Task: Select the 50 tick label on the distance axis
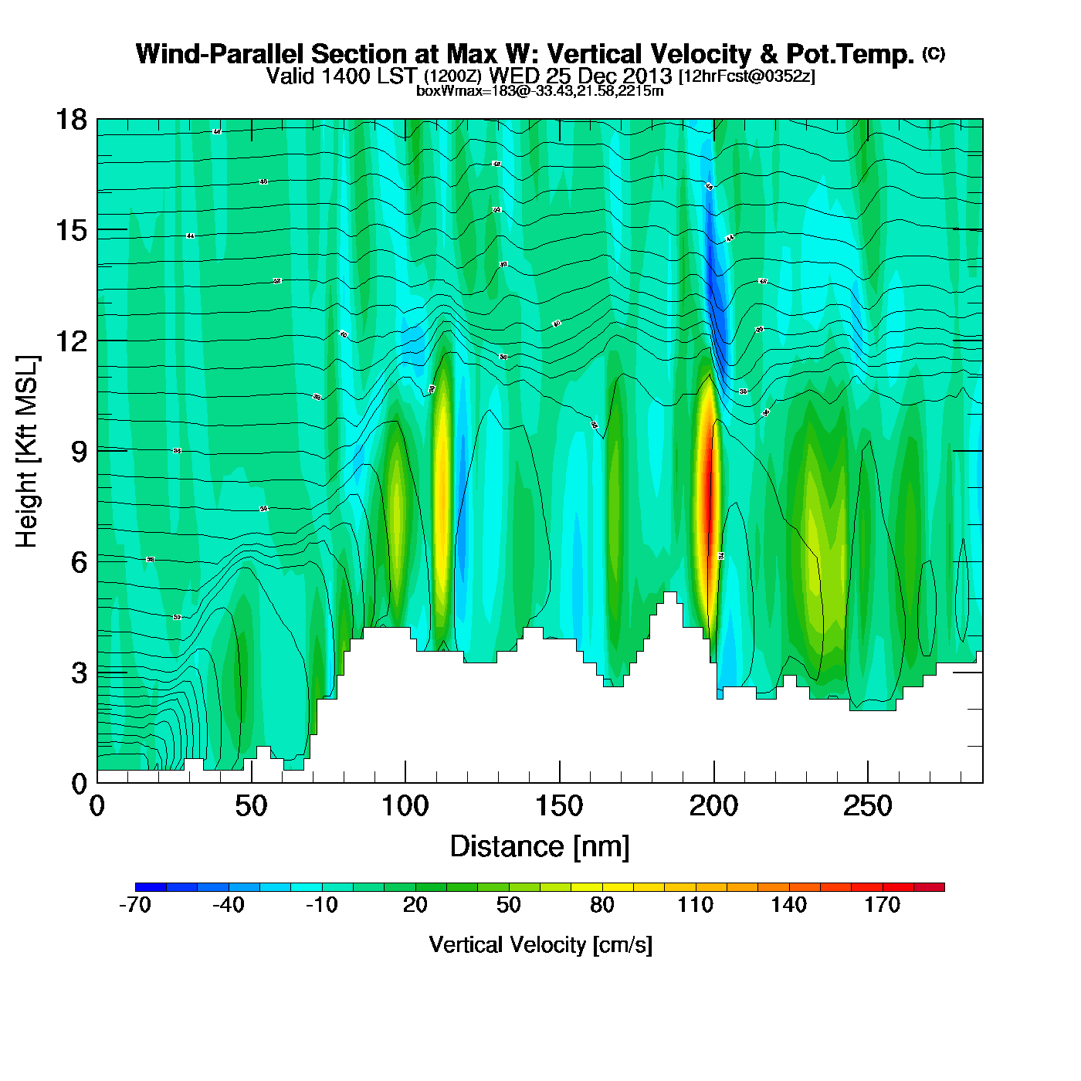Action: [251, 807]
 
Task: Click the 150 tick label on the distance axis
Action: [559, 807]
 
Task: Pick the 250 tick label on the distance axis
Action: [867, 807]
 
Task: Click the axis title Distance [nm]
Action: [540, 847]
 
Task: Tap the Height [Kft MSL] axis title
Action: [27, 452]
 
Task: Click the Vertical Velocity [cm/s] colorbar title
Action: [540, 944]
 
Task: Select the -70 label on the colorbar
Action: [135, 905]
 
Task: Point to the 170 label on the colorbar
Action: [882, 905]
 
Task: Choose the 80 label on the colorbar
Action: [601, 905]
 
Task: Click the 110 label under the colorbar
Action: [695, 905]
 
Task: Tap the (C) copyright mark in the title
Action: [934, 53]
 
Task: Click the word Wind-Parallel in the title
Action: [220, 54]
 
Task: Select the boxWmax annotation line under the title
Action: [540, 91]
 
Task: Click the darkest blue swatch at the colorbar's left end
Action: [151, 887]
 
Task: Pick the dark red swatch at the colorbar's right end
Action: [929, 887]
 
